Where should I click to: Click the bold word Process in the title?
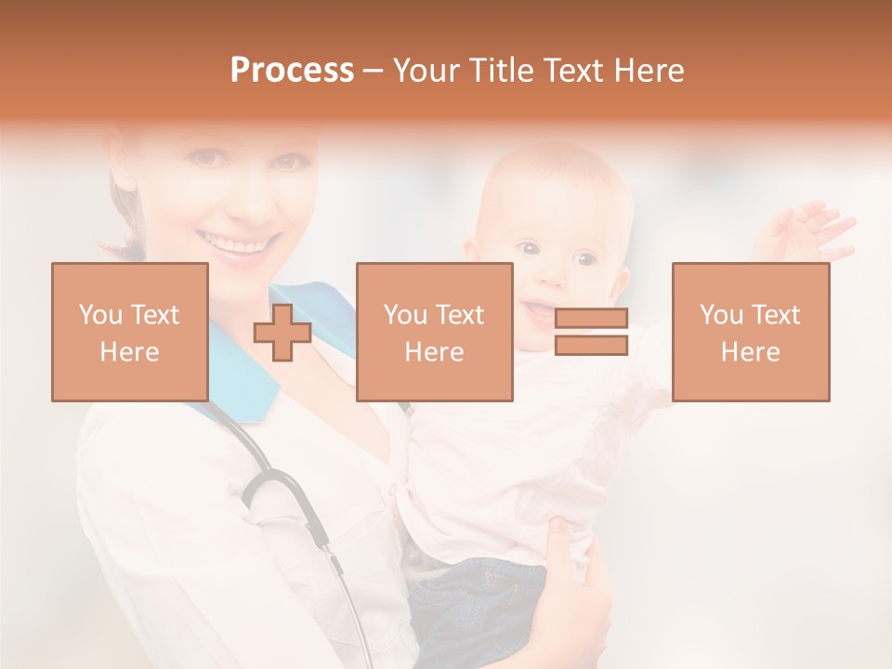tap(292, 71)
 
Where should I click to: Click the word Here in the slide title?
tap(647, 71)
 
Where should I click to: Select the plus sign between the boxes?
tap(282, 332)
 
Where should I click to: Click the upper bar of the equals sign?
tap(591, 318)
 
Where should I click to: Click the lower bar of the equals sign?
tap(591, 346)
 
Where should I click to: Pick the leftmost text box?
tap(130, 332)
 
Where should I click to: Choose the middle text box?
tap(435, 332)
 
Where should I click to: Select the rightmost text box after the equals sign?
tap(751, 332)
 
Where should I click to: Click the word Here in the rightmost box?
tap(751, 351)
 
